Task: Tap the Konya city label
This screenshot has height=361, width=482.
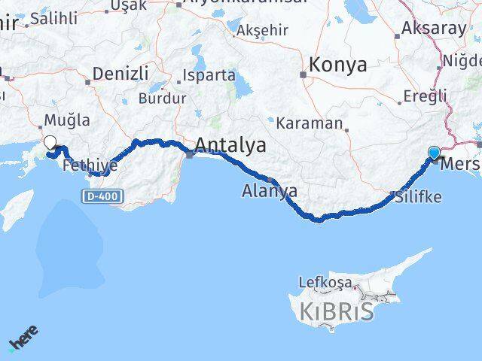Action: coord(336,65)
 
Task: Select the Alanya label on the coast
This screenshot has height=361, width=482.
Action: coord(269,191)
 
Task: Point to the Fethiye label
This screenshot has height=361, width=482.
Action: coord(90,165)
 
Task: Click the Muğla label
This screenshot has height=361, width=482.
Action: coord(67,120)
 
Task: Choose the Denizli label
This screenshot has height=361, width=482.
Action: coord(114,75)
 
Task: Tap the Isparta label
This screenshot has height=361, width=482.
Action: coord(209,75)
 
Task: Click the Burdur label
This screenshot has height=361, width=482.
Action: coord(162,99)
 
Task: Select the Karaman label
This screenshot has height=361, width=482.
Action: coord(310,123)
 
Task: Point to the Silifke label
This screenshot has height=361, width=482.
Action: coord(419,197)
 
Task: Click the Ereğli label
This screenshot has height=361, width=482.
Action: coord(426,96)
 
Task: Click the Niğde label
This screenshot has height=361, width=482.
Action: coord(461,60)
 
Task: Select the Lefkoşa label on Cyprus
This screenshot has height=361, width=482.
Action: coord(325,282)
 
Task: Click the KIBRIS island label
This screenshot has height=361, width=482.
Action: coord(336,311)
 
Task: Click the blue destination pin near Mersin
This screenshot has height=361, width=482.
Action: coord(434,153)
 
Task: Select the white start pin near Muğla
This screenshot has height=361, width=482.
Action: coord(50,141)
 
